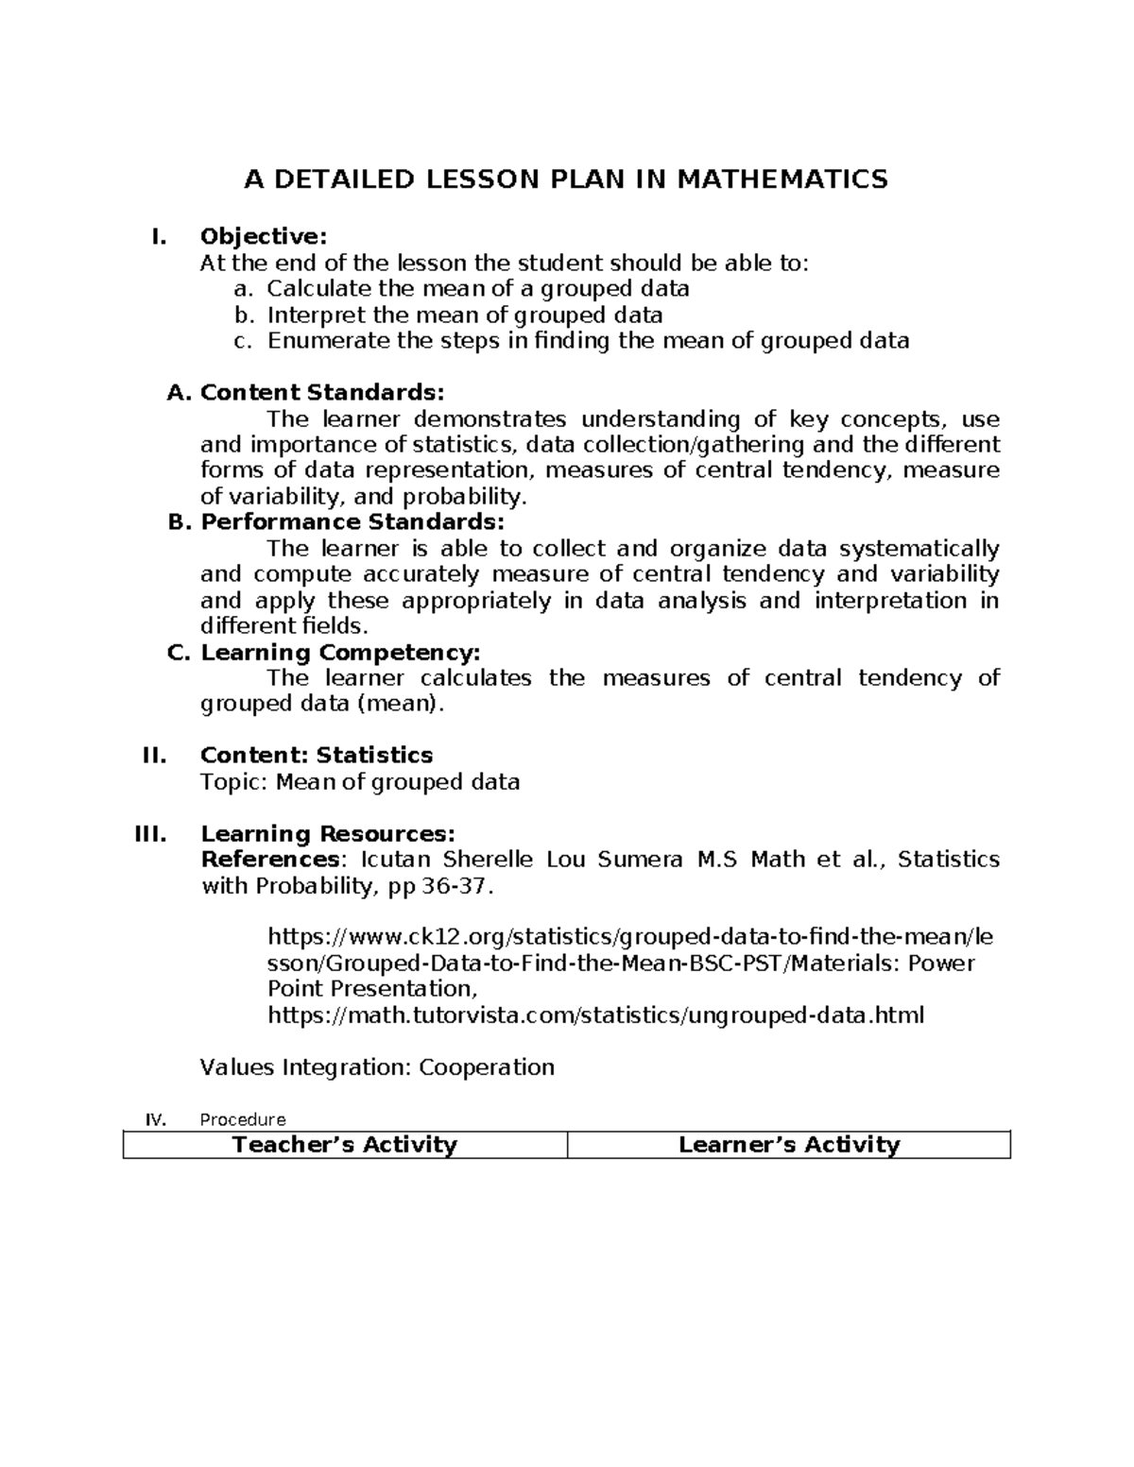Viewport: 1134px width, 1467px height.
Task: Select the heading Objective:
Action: pyautogui.click(x=264, y=236)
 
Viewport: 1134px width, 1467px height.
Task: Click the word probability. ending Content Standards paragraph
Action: pyautogui.click(x=470, y=497)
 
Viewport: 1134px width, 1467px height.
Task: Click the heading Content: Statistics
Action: pyautogui.click(x=317, y=755)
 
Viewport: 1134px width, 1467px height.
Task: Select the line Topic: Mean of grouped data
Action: pyautogui.click(x=360, y=782)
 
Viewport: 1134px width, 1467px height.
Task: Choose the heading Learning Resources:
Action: pyautogui.click(x=328, y=834)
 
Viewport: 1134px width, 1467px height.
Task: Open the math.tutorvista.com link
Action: pyautogui.click(x=596, y=1015)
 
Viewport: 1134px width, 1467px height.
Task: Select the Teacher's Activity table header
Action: pyautogui.click(x=345, y=1145)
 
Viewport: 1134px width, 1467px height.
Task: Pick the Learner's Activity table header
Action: pyautogui.click(x=789, y=1145)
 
